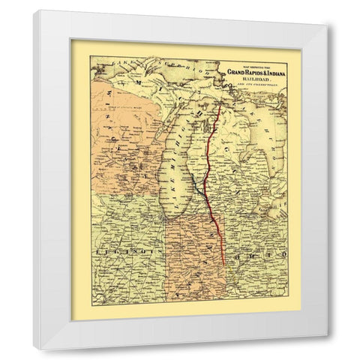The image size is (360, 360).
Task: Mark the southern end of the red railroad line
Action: click(223, 263)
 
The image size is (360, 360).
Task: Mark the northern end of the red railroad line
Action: click(219, 105)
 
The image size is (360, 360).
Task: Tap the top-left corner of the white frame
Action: click(33, 10)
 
